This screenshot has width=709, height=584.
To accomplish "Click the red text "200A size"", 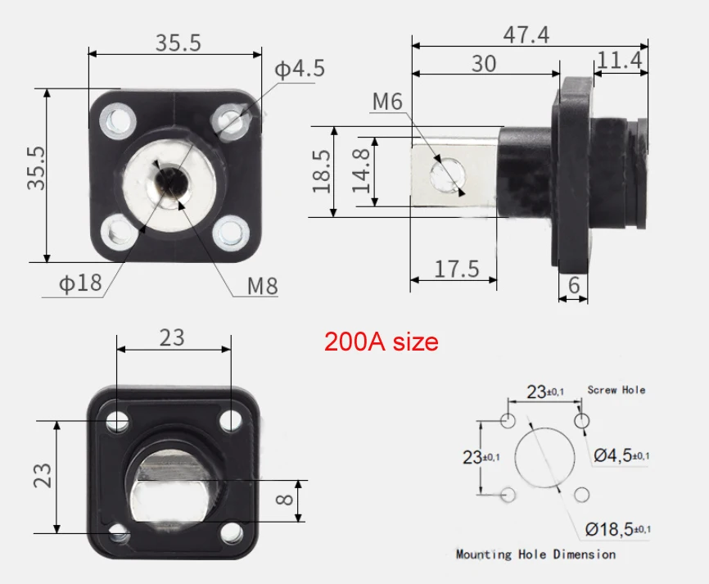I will coord(381,341).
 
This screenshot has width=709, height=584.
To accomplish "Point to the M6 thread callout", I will coord(387,102).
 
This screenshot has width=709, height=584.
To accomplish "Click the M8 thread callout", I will coord(263,286).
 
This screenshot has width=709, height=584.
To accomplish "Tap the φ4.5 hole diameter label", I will coord(299,69).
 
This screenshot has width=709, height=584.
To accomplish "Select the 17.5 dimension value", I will coord(454,268).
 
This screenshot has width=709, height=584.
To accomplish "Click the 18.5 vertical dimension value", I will coord(322,171).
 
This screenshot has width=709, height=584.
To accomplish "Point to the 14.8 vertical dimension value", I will coord(361,171).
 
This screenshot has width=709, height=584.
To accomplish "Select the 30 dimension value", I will coord(483,63).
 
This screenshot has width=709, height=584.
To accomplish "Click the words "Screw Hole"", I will coord(616,390).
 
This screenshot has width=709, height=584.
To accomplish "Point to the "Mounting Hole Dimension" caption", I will coord(535,555).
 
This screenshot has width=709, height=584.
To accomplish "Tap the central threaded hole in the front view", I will coord(170,182).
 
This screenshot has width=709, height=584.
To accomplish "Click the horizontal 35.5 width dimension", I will coord(178,43).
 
